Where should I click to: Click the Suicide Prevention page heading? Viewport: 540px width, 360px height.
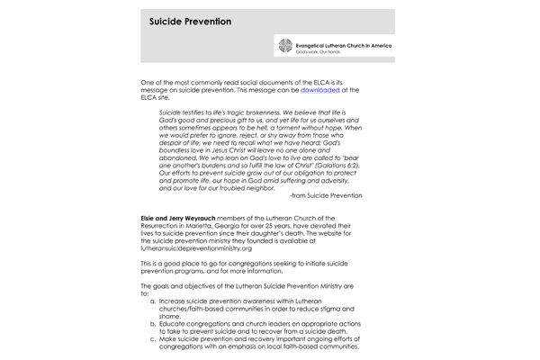point(190,21)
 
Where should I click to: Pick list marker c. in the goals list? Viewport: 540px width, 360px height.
point(154,339)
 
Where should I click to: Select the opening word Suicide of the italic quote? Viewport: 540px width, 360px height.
point(172,112)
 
